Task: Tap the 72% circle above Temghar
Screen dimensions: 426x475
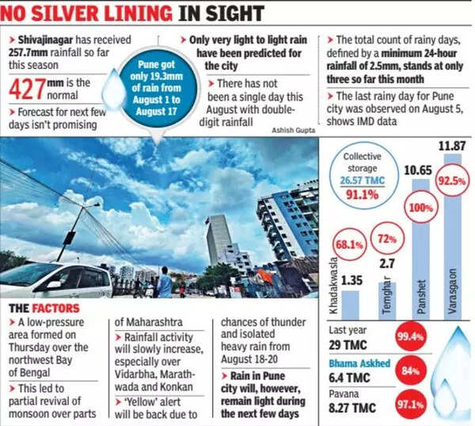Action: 387,238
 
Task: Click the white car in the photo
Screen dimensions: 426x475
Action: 55,282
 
